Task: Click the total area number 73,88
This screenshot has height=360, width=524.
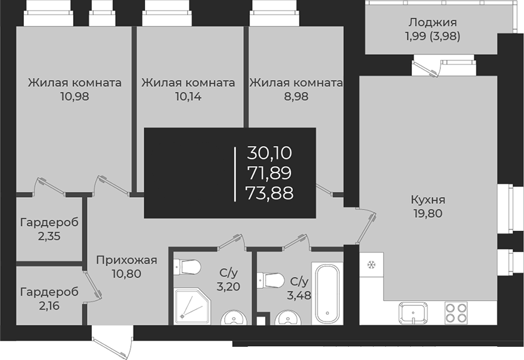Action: click(x=271, y=193)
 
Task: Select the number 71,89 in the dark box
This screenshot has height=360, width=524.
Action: click(x=271, y=172)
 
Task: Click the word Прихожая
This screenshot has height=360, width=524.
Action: click(x=126, y=260)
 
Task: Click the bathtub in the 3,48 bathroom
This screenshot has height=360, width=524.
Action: click(x=327, y=293)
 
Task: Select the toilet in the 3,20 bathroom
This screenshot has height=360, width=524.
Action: click(x=188, y=267)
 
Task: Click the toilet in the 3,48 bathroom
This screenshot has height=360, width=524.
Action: click(x=271, y=278)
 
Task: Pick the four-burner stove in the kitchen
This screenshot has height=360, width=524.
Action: click(x=456, y=313)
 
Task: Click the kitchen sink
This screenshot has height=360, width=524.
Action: click(x=413, y=312)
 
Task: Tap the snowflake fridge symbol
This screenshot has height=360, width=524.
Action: click(x=370, y=264)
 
